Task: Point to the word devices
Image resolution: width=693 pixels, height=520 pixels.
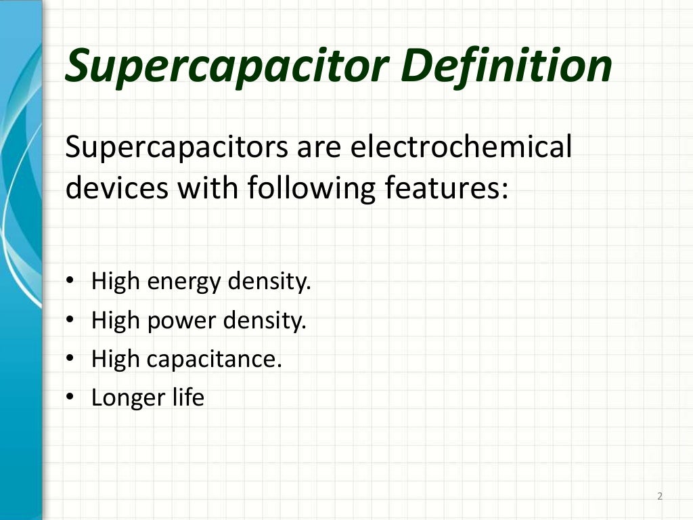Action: coord(116,188)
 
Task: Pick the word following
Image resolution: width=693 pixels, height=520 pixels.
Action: coord(309,188)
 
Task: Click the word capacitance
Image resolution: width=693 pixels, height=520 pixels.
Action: coord(213,359)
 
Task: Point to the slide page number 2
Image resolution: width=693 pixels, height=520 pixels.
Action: coord(660,497)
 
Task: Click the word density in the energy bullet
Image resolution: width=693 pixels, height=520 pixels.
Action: coord(269,281)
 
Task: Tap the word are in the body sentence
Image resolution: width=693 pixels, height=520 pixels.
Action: coord(318,148)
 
